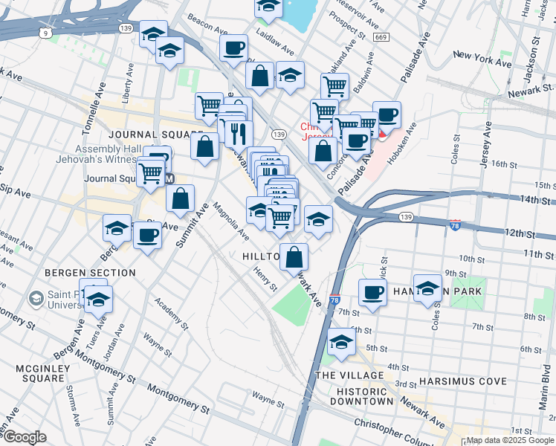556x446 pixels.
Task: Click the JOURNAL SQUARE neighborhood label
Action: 145,135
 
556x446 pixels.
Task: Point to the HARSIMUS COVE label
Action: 462,381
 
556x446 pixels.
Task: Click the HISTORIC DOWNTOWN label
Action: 364,396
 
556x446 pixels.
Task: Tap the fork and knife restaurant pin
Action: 238,133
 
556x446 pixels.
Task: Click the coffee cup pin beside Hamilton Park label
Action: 372,291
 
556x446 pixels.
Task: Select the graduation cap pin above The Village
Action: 341,341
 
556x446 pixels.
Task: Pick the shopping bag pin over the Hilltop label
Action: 294,256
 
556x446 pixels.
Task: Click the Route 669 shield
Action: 381,37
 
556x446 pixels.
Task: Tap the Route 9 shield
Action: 46,33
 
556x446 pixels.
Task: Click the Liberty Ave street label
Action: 129,77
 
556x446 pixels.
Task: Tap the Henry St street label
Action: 265,280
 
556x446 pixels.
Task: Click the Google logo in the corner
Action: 25,437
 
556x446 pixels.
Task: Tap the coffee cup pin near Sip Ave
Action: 146,236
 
